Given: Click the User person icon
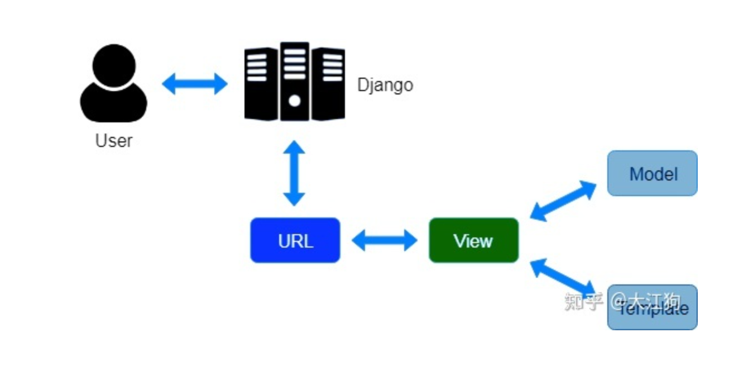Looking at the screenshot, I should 114,84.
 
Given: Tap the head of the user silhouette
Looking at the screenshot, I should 114,64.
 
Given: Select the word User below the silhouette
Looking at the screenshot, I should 114,140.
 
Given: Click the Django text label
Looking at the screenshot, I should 385,85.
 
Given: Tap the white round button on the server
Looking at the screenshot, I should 294,101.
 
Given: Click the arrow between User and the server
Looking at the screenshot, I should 195,84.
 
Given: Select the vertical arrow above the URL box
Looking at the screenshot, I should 294,173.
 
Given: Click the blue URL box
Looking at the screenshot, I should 295,240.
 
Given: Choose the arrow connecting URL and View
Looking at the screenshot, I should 385,241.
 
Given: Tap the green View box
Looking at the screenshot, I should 473,240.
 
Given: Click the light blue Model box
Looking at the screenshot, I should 652,173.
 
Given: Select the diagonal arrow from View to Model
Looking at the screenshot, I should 563,200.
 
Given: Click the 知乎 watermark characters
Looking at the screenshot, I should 583,301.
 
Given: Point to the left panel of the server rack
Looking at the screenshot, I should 261,84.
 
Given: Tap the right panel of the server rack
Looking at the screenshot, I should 328,84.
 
